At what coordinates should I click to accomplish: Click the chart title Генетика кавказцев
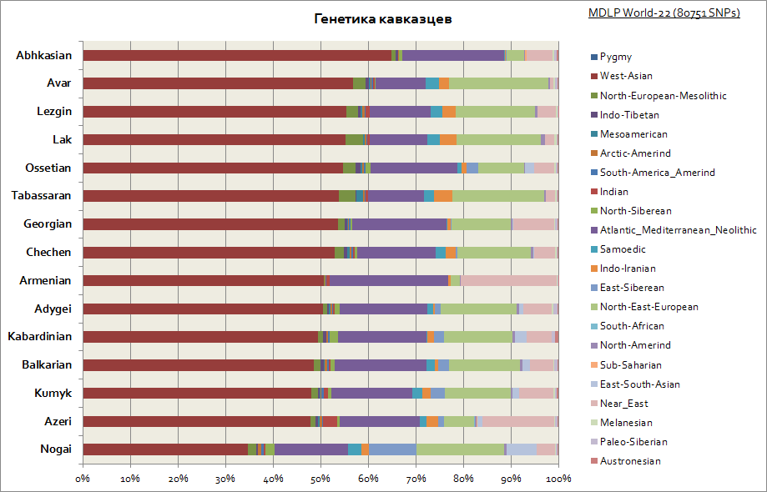383,19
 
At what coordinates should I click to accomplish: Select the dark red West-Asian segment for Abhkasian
237,56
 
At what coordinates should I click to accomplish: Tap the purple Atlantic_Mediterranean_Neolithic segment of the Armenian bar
389,281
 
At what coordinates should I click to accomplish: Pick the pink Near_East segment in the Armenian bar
508,281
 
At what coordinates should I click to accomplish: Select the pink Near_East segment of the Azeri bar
519,421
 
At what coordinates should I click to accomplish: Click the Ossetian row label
48,168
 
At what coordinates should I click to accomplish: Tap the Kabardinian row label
39,337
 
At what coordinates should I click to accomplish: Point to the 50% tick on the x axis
320,479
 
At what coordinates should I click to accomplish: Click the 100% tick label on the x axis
558,479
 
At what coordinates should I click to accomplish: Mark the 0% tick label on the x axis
83,479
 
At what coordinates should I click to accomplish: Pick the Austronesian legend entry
630,461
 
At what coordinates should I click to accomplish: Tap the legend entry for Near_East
624,404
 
